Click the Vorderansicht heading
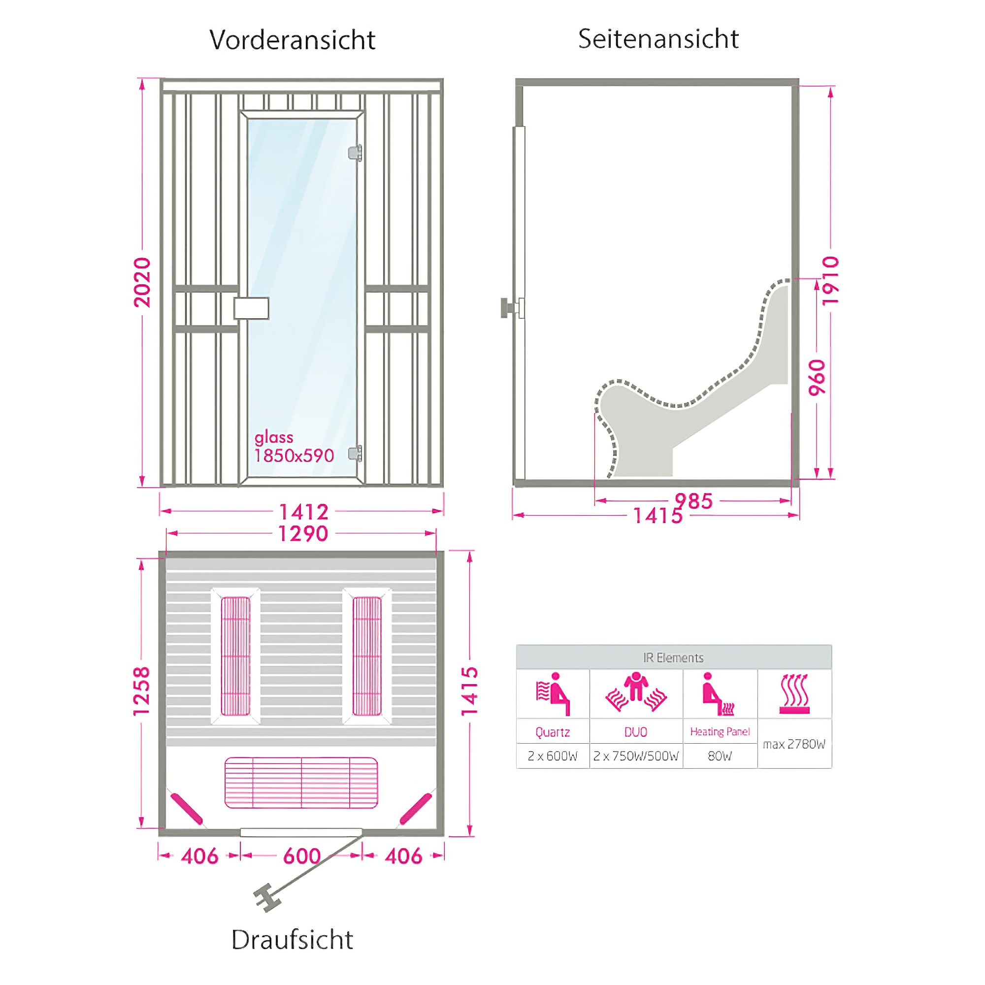coord(292,40)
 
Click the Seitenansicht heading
coord(658,39)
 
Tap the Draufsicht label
coord(292,940)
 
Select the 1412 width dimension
coord(303,511)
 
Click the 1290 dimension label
coord(303,534)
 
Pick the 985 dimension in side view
coord(693,501)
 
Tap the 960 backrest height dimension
coord(817,377)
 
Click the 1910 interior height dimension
coord(830,280)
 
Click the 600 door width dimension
coord(302,856)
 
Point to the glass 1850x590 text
coord(294,447)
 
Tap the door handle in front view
coord(251,308)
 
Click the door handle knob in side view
coord(506,308)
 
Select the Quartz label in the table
coord(553,732)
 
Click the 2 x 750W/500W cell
coord(636,756)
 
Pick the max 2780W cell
coord(794,744)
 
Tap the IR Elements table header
coord(673,657)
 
